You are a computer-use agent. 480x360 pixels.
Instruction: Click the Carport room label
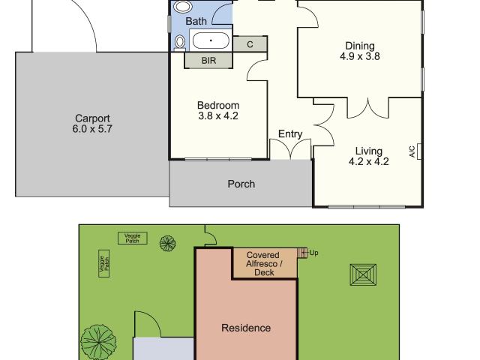tap(92, 118)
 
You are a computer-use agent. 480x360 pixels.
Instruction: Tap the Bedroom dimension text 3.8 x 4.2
tap(218, 116)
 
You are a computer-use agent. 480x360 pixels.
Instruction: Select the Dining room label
tap(360, 46)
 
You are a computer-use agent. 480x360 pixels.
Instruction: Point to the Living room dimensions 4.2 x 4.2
tap(369, 162)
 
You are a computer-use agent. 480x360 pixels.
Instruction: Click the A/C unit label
tap(412, 151)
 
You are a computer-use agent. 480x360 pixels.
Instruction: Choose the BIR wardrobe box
tap(208, 60)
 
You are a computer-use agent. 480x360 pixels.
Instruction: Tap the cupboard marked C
tap(250, 44)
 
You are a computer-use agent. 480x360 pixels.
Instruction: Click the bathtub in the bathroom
tap(211, 40)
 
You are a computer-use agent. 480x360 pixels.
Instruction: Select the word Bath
tap(196, 22)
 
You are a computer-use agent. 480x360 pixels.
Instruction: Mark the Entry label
tap(290, 134)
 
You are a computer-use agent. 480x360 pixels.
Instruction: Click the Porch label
tap(241, 184)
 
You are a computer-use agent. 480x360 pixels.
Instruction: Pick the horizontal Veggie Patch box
tap(133, 238)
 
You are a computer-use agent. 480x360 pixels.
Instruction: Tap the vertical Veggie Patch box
tap(104, 263)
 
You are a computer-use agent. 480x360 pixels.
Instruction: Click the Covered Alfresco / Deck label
tap(263, 264)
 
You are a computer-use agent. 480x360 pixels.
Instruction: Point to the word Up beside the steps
tap(313, 253)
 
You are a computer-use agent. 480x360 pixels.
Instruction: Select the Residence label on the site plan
tap(246, 328)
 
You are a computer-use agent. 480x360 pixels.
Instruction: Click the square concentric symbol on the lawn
tap(363, 275)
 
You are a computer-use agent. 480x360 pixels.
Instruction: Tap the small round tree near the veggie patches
tap(168, 244)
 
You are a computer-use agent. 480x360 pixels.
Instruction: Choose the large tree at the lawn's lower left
tap(98, 343)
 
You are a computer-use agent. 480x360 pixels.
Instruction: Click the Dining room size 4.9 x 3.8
tap(360, 56)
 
